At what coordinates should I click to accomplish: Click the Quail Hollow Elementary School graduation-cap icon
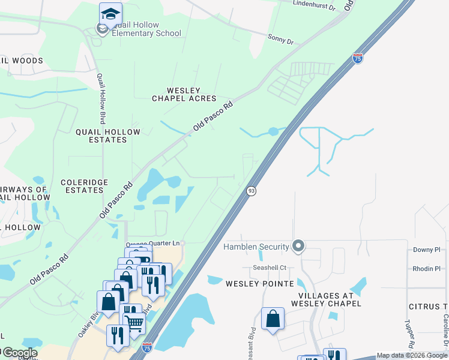[x=110, y=14]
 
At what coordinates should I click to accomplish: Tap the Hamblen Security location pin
[x=298, y=247]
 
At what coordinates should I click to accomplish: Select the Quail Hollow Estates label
[x=108, y=136]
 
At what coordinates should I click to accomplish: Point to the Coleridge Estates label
[x=84, y=186]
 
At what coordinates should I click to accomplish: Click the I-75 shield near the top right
[x=358, y=58]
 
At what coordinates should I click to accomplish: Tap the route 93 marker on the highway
[x=252, y=190]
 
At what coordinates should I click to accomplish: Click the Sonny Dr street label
[x=280, y=41]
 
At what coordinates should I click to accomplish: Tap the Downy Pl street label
[x=427, y=250]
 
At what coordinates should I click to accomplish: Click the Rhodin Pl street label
[x=427, y=269]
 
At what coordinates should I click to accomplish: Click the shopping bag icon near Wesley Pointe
[x=273, y=319]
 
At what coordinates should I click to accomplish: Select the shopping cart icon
[x=134, y=323]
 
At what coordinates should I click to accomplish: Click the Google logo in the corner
[x=19, y=353]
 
